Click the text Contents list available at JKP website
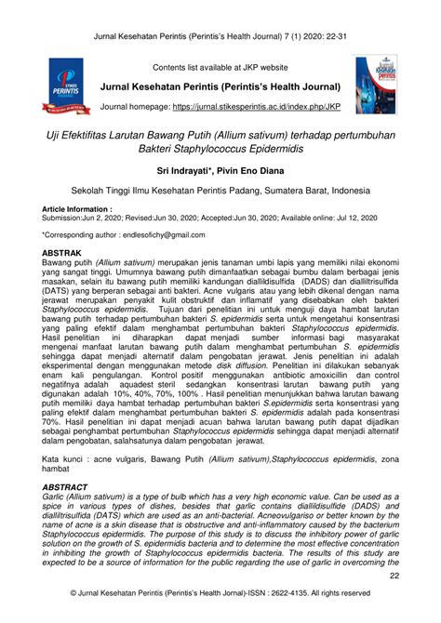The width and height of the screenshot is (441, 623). click(221, 68)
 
